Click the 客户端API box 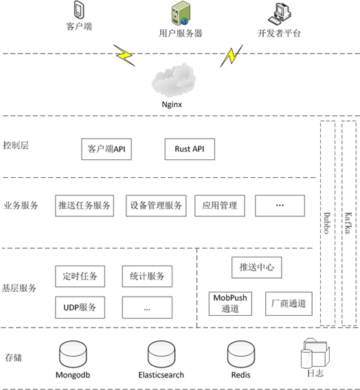(x=106, y=150)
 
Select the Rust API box (x=190, y=150)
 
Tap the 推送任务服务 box (x=84, y=205)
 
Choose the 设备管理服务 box (x=156, y=205)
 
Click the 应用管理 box (x=220, y=205)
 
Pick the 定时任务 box (x=80, y=277)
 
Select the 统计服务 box (x=147, y=277)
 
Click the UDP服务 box (x=80, y=306)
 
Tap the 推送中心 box (x=256, y=267)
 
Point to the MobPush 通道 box (x=230, y=303)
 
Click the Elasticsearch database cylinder (x=157, y=356)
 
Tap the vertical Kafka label (x=348, y=223)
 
